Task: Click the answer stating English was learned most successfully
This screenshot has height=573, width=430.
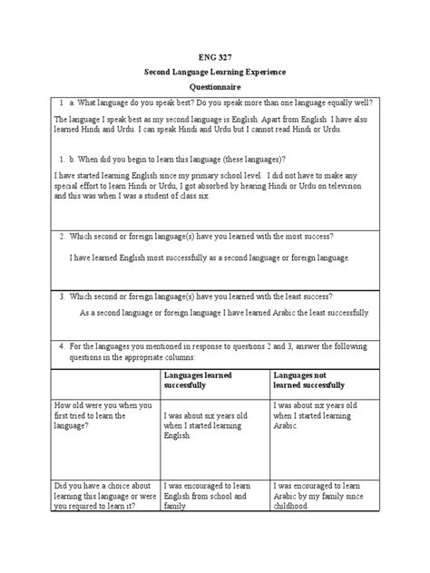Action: [209, 258]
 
